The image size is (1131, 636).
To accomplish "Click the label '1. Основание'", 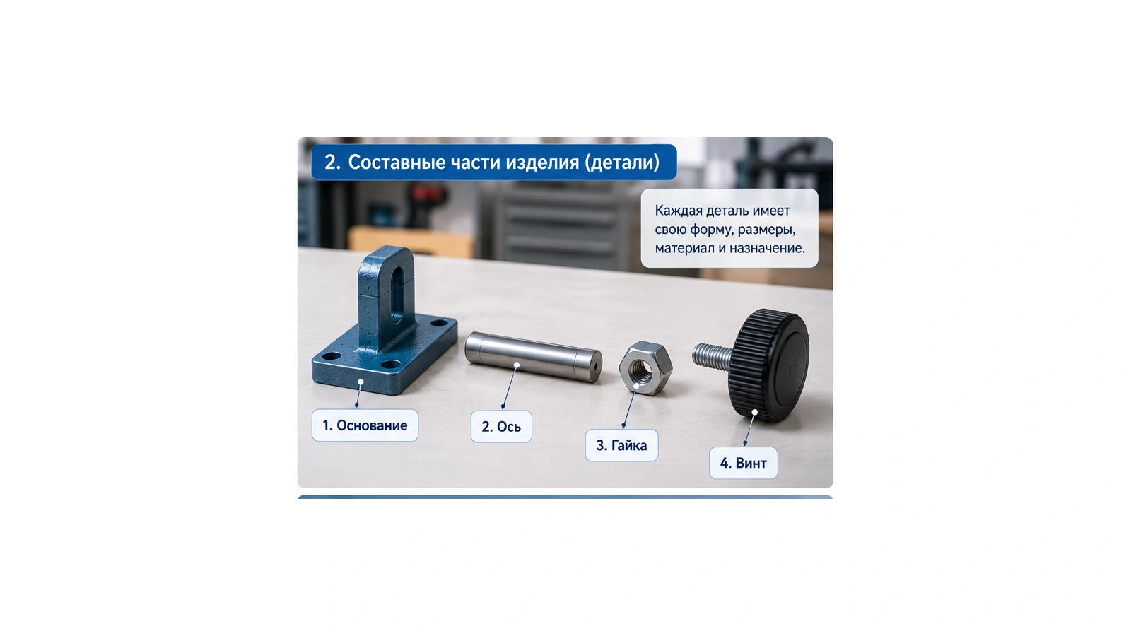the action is click(365, 425).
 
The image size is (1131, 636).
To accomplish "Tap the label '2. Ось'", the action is click(501, 427).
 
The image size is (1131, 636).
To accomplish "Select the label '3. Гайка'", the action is click(621, 445).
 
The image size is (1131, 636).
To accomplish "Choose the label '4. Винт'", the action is click(743, 463).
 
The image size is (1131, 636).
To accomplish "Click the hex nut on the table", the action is click(646, 367).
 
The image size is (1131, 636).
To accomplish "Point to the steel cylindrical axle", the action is click(533, 356).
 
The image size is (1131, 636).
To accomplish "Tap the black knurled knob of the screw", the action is click(768, 365).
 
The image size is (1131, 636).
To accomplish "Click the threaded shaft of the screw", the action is click(713, 356).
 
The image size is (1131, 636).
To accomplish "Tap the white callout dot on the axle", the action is click(517, 365).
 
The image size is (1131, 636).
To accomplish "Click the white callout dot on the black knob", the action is click(754, 413).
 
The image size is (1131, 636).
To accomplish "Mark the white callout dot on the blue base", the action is click(361, 382).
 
